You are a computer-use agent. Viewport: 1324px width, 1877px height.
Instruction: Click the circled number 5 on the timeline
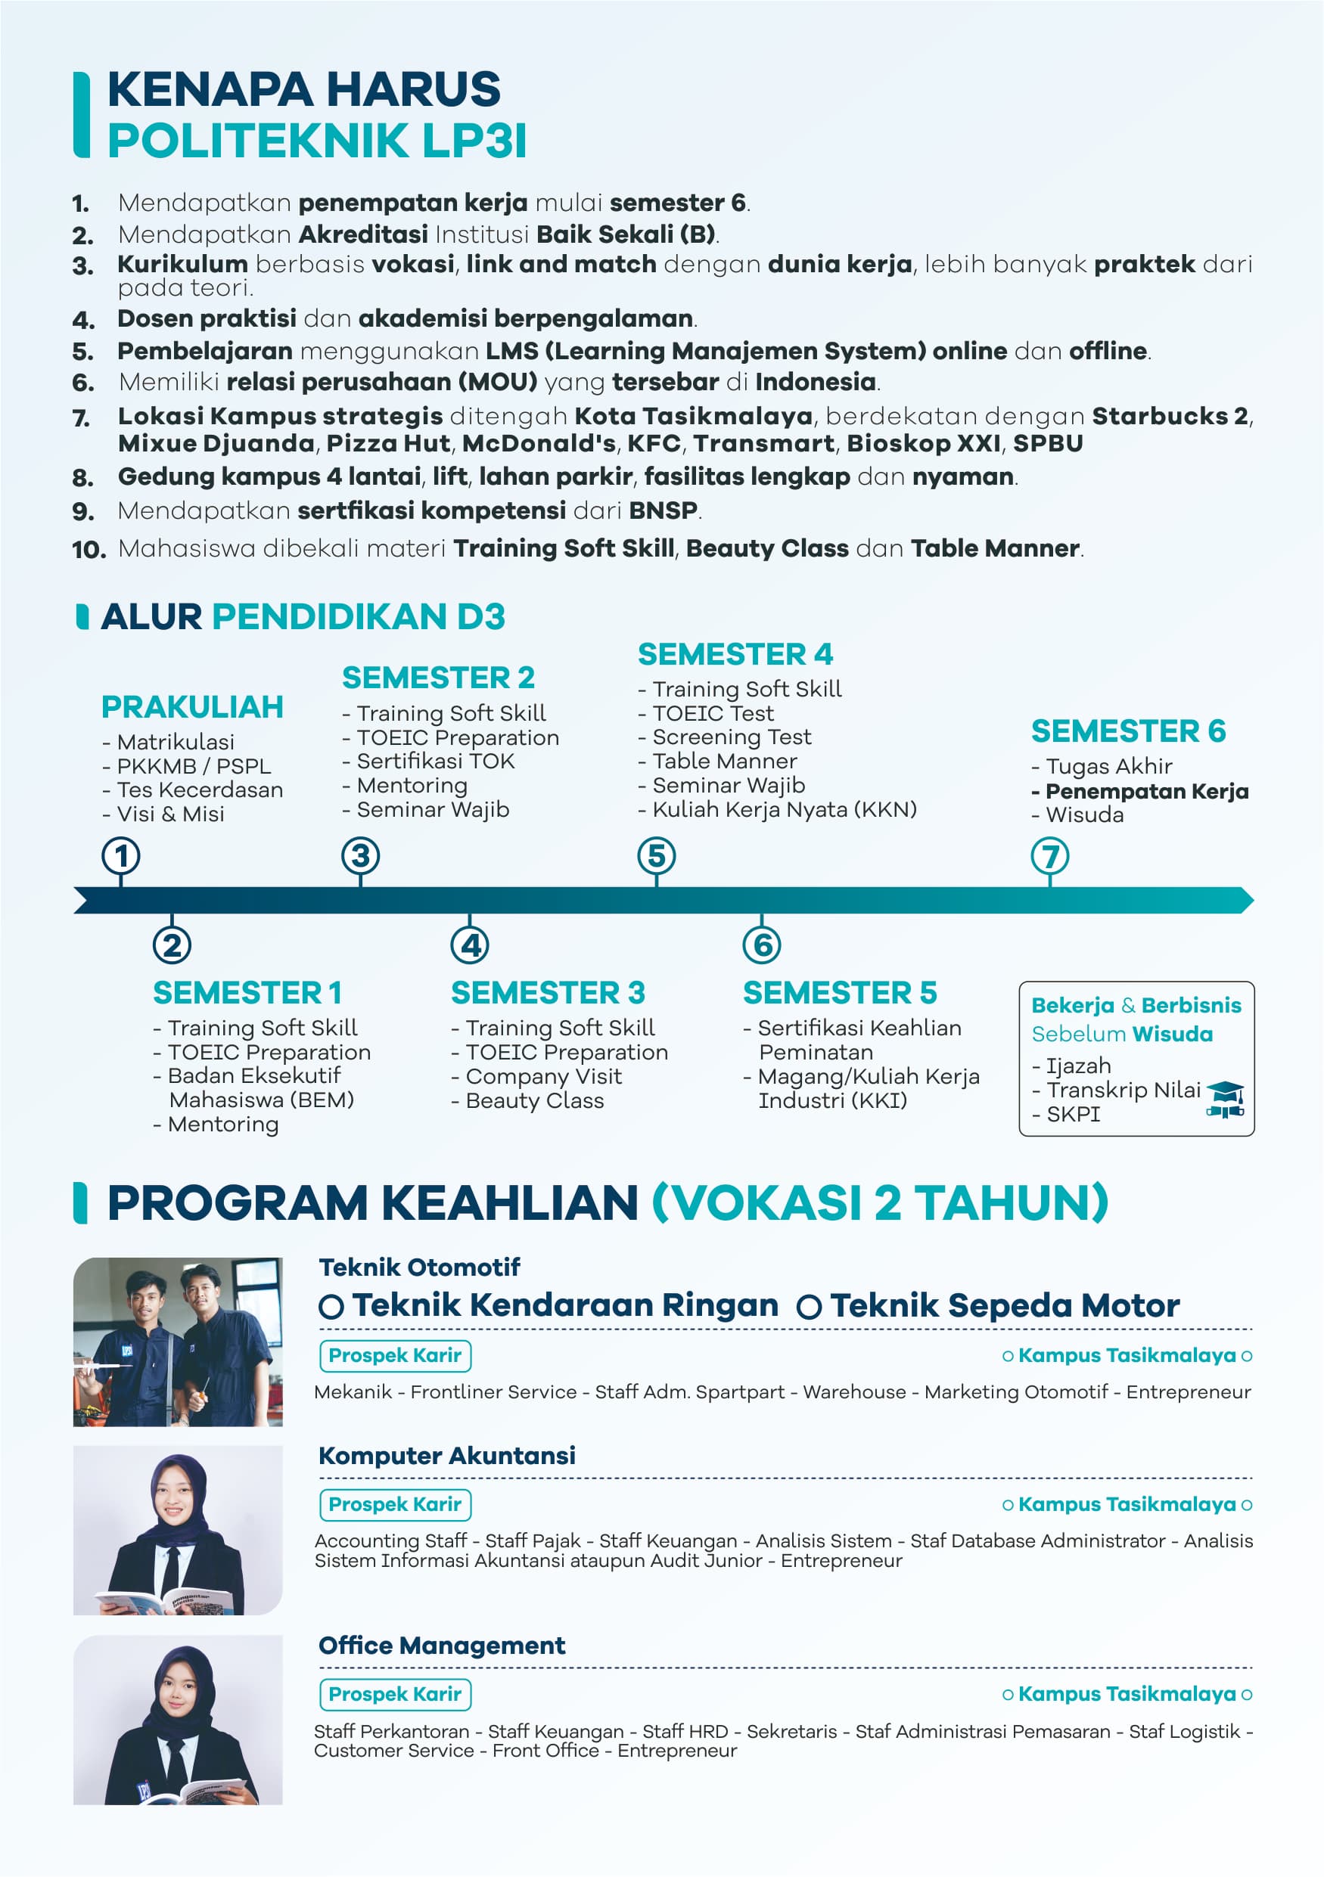tap(656, 856)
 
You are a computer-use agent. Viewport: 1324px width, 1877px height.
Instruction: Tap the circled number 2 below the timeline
tap(172, 945)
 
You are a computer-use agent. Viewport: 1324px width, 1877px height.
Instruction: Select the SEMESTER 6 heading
tap(1128, 731)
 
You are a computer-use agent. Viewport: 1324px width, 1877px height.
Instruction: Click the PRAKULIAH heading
tap(192, 707)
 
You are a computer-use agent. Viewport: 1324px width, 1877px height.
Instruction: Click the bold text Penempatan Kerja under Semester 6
tap(1146, 791)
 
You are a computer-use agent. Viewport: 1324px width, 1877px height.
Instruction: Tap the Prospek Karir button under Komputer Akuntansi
tap(395, 1504)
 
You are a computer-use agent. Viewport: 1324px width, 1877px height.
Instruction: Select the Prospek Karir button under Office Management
tap(395, 1694)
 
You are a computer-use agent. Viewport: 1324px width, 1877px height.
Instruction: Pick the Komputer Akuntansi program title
tap(446, 1456)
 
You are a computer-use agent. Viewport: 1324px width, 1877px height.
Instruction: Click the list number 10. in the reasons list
tap(89, 549)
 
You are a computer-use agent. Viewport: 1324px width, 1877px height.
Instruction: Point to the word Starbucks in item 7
tap(1161, 416)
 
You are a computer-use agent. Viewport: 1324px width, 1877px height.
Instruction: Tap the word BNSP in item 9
tap(664, 510)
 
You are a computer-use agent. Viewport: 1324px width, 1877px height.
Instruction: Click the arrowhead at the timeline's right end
tap(1245, 900)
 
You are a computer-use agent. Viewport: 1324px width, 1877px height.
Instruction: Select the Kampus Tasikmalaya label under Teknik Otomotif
tap(1126, 1355)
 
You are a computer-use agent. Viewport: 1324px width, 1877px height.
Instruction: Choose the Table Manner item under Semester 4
tap(724, 761)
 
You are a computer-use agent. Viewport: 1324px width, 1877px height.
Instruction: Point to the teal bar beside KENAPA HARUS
tap(81, 114)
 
